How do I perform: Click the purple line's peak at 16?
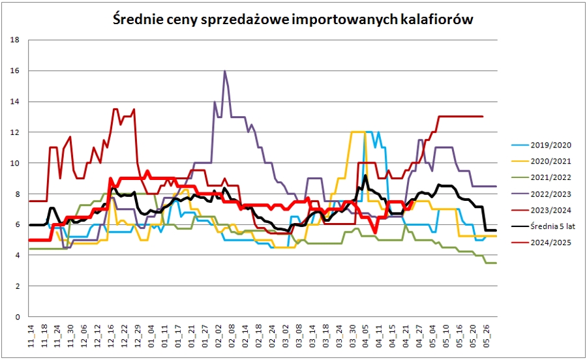coord(224,71)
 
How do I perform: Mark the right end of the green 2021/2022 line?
coord(496,263)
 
